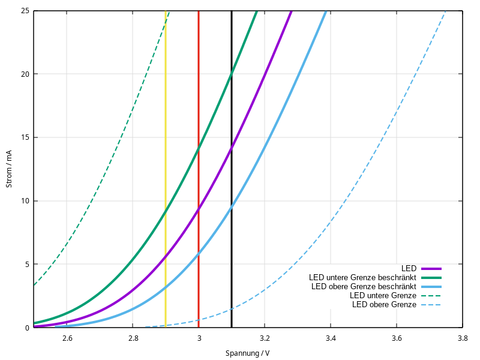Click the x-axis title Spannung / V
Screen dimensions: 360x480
tap(247, 353)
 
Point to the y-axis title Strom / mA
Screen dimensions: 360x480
tap(9, 169)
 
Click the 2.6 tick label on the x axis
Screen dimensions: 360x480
tap(67, 339)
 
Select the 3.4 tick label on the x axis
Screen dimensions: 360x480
tap(331, 339)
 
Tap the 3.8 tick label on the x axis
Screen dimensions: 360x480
tap(462, 339)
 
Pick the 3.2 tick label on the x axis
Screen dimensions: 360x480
tap(265, 339)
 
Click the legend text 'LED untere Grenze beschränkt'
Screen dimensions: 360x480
tap(363, 278)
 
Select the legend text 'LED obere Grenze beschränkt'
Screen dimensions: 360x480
tap(364, 287)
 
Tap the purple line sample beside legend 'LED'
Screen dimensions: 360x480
tap(431, 268)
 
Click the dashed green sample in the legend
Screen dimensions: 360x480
tap(431, 296)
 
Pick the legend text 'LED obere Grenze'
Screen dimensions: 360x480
tap(384, 305)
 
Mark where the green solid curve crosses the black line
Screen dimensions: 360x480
tap(232, 73)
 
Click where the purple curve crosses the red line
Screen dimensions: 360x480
tap(199, 208)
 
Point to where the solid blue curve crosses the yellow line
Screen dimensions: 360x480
tap(166, 288)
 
